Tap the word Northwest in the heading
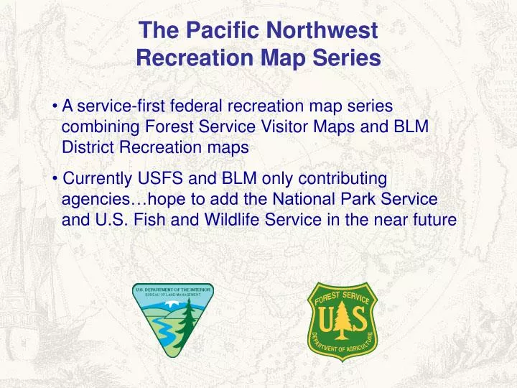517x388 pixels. [x=322, y=29]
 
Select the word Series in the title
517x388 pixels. [x=347, y=57]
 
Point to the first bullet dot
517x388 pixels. [x=55, y=106]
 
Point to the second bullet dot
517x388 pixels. [x=55, y=178]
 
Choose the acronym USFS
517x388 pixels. [x=160, y=178]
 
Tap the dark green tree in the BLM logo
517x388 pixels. [x=189, y=322]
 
